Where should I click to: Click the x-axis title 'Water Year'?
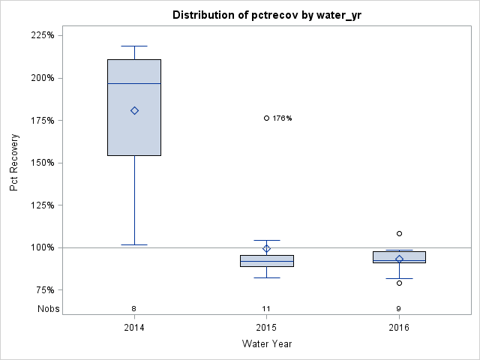coord(266,343)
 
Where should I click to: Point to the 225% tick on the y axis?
coord(40,35)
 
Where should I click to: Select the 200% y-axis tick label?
coord(40,78)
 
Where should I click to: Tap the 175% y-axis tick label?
coord(40,120)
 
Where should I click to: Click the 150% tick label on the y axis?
coord(40,163)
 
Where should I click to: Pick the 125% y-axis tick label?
coord(40,205)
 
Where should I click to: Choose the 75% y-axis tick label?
coord(43,290)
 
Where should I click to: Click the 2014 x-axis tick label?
coord(134,328)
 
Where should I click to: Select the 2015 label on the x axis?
coord(266,328)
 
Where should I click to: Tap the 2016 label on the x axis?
coord(399,328)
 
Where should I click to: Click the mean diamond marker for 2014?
coord(134,110)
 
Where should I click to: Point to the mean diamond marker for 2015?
coord(266,248)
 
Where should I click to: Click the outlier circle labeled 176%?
coord(266,118)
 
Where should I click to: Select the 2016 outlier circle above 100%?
coord(399,233)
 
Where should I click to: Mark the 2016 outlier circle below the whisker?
coord(399,283)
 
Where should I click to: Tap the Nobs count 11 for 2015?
coord(266,308)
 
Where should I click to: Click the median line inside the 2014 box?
coord(134,83)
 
